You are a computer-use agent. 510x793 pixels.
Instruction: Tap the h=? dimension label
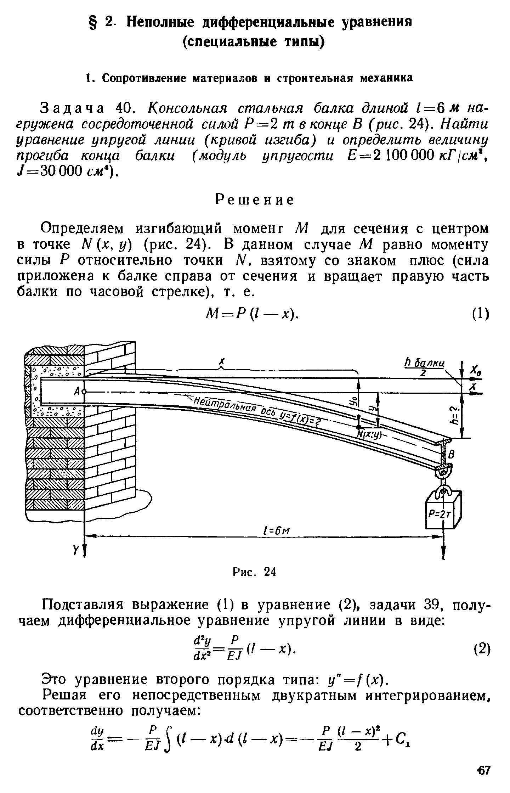[456, 415]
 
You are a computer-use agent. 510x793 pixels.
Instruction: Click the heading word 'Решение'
[255, 200]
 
